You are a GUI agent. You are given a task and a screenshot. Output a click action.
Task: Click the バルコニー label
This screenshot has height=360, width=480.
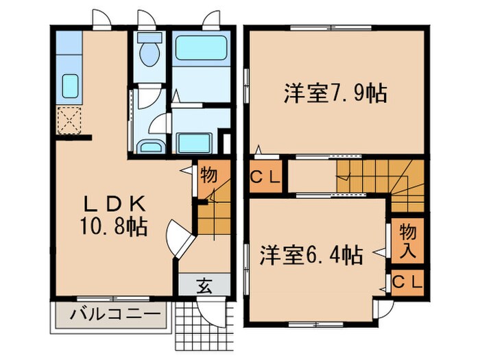coord(110,317)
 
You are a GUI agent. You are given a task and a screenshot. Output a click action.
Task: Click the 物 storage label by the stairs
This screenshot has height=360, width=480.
coord(208,175)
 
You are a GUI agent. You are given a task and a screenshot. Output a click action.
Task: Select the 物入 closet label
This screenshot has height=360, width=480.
coord(409,240)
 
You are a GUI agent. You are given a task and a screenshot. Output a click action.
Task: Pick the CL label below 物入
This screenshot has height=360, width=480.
coord(409,280)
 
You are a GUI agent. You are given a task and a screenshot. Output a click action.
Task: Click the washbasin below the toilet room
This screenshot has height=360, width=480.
coord(149,147)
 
